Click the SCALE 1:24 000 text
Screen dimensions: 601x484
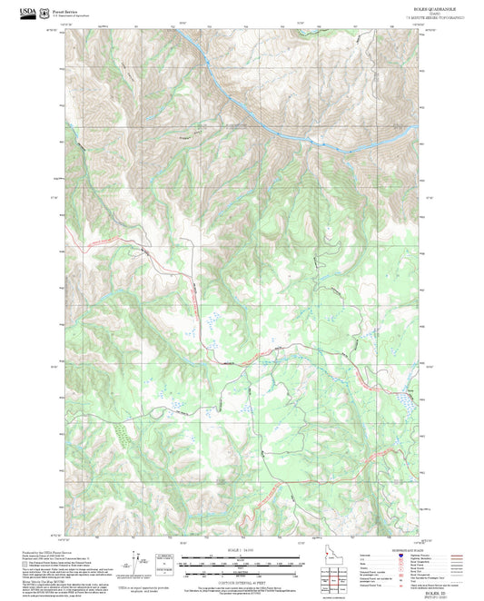242,549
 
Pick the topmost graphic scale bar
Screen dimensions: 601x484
242,557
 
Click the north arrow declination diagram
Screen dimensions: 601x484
139,564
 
